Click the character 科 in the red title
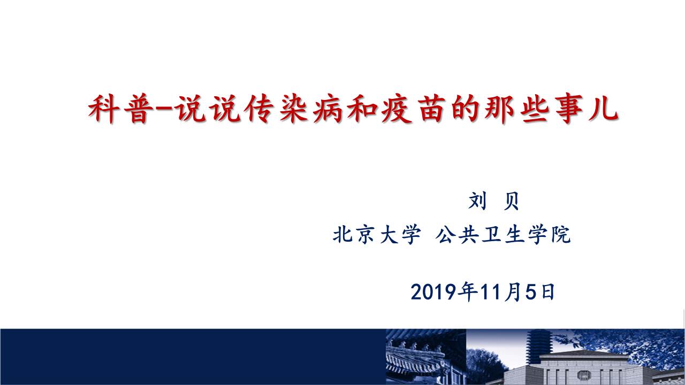coord(104,109)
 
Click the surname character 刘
coord(477,201)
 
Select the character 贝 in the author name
coord(511,201)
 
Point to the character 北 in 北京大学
coord(342,235)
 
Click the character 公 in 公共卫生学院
coord(444,235)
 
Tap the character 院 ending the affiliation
coord(561,235)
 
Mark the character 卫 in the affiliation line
coord(491,235)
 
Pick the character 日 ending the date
coord(548,292)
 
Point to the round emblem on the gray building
coord(584,375)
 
